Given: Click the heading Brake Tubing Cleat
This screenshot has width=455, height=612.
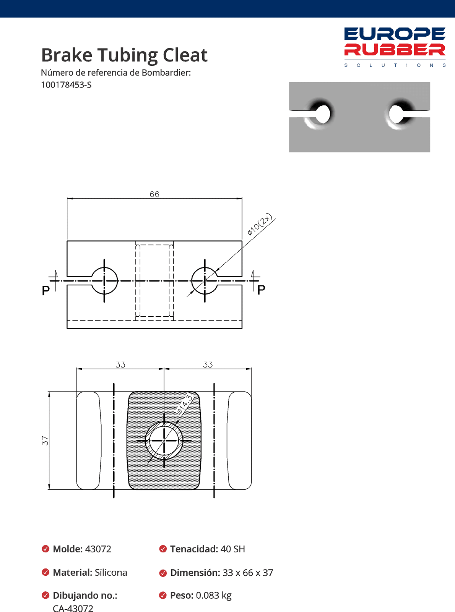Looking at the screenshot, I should coord(124,55).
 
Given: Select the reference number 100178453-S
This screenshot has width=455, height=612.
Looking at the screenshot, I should coord(66,85).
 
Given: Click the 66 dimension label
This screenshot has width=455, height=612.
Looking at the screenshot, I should coord(154,194).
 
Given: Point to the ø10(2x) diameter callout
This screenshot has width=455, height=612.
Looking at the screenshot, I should coord(260,224).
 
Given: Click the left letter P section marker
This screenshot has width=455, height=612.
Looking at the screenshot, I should coord(45,291).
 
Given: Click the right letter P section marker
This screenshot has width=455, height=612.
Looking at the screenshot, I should coord(261,290).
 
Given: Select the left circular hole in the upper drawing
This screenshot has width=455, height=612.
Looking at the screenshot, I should coord(104,281).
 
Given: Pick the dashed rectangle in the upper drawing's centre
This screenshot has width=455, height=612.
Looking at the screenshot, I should coord(154,281).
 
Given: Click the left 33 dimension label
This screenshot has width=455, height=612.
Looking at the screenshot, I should coord(120,364).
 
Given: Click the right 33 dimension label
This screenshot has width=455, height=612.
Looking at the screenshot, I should coord(208,364).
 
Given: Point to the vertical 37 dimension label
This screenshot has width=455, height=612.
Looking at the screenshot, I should coord(45,440).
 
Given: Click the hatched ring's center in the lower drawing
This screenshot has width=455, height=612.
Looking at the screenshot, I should coord(164,440).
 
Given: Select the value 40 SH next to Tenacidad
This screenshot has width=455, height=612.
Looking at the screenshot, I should coord(232,549).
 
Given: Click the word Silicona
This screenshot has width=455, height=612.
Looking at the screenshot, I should coord(111,572).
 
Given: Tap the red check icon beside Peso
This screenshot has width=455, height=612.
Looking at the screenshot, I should coord(163,595).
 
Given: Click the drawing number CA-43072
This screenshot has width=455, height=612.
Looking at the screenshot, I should coord(73,607).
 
